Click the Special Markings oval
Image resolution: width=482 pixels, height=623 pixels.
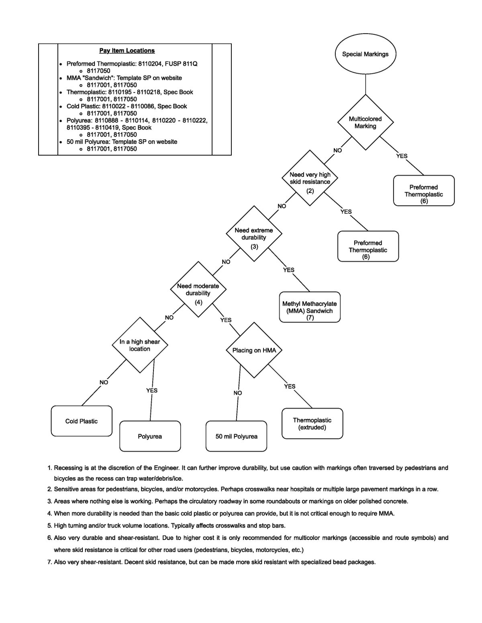click(365, 54)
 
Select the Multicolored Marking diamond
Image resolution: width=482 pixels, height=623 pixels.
click(365, 122)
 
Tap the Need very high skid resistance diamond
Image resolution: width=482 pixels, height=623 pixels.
click(310, 178)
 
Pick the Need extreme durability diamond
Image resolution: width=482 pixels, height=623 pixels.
click(254, 233)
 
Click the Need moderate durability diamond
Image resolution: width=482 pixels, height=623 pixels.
click(198, 289)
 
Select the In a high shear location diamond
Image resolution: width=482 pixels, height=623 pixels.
click(140, 345)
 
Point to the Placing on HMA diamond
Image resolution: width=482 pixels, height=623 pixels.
click(254, 350)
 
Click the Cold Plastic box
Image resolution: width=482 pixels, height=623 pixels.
click(82, 421)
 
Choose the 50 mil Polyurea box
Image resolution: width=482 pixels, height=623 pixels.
click(236, 436)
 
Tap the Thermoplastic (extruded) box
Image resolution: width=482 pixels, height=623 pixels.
click(312, 424)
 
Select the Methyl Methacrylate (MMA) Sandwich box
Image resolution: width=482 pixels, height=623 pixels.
click(310, 307)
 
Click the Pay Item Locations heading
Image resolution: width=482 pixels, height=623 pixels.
click(127, 51)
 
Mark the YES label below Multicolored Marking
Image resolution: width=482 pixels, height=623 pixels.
click(402, 156)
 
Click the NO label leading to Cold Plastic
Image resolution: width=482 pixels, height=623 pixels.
click(104, 382)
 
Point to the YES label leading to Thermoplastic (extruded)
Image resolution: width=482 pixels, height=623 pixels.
click(290, 386)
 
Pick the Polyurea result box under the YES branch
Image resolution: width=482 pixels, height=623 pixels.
click(150, 436)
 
